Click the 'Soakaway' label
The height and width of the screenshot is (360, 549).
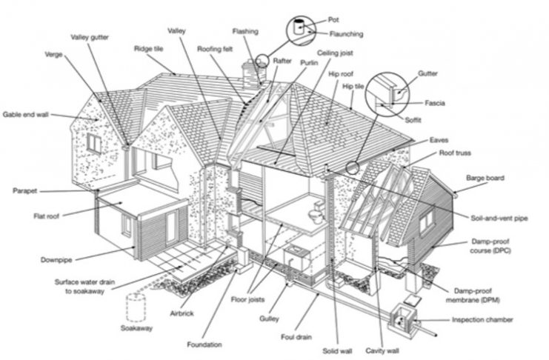point(136,328)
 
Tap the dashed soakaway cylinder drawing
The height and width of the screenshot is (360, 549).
point(136,307)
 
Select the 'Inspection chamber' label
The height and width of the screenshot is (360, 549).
point(482,319)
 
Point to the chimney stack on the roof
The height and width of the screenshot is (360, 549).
point(251,74)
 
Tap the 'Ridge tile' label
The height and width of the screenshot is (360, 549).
point(148,49)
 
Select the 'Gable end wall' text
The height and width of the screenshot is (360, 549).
point(25,115)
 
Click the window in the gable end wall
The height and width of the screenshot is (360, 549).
point(94,144)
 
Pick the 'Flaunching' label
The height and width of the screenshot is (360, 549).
point(346,34)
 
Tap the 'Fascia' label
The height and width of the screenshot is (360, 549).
point(434,103)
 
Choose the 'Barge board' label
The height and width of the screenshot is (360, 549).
point(485,178)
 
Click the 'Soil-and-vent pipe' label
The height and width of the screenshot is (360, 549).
point(499,219)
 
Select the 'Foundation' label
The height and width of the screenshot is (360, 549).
point(204,344)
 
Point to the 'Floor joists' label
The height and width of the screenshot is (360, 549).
point(247,299)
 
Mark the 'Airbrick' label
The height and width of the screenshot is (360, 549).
point(182,313)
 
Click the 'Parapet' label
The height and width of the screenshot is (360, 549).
point(25,191)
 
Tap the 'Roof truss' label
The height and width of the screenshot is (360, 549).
point(455,153)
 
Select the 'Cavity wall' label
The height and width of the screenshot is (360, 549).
point(382,350)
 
